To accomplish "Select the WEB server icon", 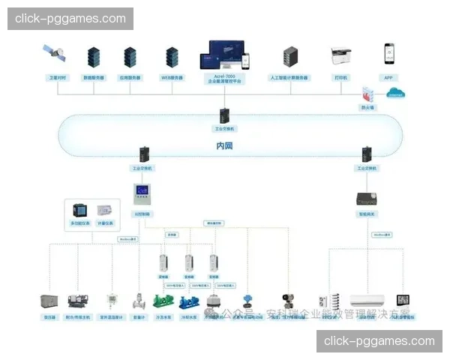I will tap(172, 57).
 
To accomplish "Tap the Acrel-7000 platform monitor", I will tap(223, 55).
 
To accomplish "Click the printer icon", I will tap(341, 55).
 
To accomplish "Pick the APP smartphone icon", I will tap(389, 54).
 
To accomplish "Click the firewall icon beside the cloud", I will tap(367, 94).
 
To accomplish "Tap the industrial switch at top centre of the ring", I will tap(224, 115).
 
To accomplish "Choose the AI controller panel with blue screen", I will tap(142, 194).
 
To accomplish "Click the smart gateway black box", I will tap(366, 199).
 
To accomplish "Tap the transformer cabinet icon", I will tap(50, 301).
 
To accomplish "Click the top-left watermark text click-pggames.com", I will tap(70, 19).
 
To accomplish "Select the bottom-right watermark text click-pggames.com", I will tap(379, 341).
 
